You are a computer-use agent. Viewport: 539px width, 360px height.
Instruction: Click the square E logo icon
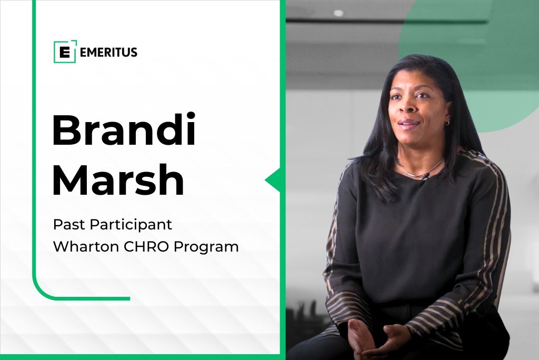(x=65, y=52)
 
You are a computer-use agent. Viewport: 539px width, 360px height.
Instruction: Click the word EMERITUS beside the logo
(x=108, y=52)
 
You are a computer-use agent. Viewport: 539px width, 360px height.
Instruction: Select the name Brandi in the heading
(x=124, y=129)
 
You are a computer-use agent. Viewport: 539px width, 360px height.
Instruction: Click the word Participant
(x=131, y=225)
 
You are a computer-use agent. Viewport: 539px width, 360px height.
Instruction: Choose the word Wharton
(x=86, y=246)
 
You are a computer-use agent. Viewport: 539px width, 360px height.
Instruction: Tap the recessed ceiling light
(x=338, y=13)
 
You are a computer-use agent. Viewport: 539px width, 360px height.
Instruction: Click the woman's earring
(x=448, y=122)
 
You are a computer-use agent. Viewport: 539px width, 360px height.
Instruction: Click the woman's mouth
(x=410, y=123)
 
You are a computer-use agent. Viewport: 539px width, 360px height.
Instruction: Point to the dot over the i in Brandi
(x=189, y=116)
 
